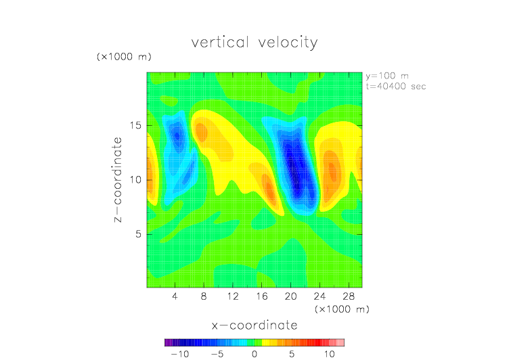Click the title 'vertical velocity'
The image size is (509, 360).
(x=255, y=43)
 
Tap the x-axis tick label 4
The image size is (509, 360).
(x=175, y=296)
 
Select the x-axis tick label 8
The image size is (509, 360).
(x=204, y=296)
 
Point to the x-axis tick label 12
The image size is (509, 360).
(x=233, y=296)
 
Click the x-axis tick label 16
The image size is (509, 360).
(x=262, y=296)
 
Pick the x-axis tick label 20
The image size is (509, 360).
(x=290, y=296)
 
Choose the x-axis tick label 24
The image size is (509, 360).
(x=319, y=296)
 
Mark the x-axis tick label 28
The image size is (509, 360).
(x=349, y=296)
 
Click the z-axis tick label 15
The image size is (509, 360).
(x=135, y=126)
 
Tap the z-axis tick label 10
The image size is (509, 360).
(x=135, y=180)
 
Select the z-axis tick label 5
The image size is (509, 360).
(x=138, y=234)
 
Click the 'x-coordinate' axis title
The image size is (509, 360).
(x=255, y=325)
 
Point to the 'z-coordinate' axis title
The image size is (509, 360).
(x=118, y=180)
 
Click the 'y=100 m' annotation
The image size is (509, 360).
(x=387, y=76)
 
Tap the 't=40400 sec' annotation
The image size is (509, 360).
(x=396, y=87)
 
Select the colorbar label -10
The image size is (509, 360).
(x=180, y=354)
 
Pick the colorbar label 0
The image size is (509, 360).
(x=255, y=354)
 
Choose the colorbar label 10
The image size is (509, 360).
(x=330, y=354)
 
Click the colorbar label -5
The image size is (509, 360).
(x=217, y=354)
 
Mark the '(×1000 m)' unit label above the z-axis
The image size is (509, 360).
(x=124, y=57)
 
